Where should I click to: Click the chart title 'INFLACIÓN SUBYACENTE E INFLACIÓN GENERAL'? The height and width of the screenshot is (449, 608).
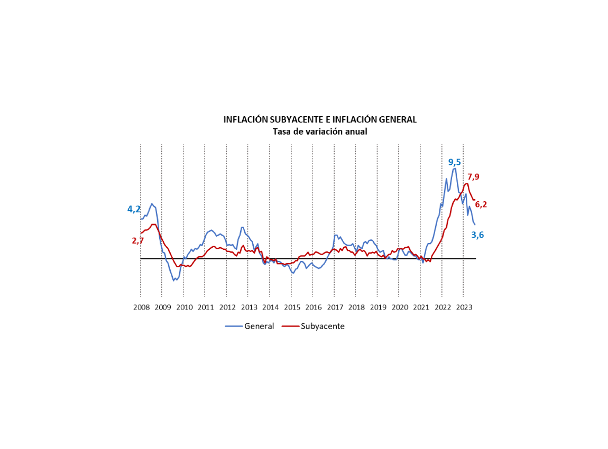[320, 120]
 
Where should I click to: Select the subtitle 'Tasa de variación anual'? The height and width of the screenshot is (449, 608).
[320, 132]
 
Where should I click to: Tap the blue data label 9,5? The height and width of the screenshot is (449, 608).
[455, 162]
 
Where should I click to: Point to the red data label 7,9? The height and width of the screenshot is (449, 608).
[473, 177]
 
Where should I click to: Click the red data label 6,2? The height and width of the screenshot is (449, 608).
[481, 205]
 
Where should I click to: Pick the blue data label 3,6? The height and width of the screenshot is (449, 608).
[477, 235]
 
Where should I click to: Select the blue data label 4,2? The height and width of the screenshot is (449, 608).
[134, 210]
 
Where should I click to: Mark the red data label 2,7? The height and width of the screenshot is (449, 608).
[137, 241]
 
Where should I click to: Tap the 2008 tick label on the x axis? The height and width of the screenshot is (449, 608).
[141, 307]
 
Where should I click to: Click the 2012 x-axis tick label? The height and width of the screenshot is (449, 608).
[227, 307]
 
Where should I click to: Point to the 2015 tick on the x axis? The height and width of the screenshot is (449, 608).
[292, 307]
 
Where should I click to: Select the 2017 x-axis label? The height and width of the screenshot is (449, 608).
[335, 307]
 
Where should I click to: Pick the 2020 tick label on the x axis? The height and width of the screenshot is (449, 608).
[399, 307]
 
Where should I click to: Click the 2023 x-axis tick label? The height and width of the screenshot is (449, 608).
[464, 307]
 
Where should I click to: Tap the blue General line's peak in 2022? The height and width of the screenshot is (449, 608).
[454, 168]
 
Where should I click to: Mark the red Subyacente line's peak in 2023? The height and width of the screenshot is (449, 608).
[466, 183]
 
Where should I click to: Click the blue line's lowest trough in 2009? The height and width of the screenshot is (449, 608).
[173, 280]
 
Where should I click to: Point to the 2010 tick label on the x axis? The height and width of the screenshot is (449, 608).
[184, 307]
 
